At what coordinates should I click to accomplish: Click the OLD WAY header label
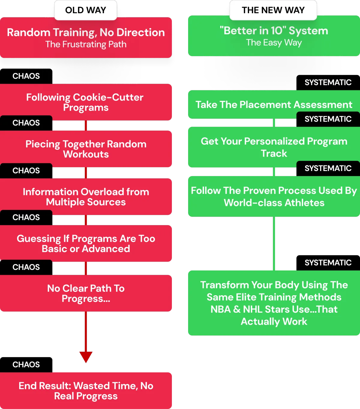[85, 10]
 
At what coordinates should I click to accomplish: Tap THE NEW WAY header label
[273, 10]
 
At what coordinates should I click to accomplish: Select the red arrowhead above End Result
[86, 356]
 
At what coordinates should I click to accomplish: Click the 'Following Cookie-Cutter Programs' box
[86, 102]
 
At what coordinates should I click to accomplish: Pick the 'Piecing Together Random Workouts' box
[86, 149]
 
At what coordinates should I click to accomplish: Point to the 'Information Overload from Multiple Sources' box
[86, 197]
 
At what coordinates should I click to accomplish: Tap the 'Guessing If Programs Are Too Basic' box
[86, 244]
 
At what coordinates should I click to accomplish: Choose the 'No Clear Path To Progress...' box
[86, 293]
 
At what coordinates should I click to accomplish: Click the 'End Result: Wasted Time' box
[86, 391]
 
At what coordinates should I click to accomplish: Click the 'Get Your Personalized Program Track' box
[274, 147]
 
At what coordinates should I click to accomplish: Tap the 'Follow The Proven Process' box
[274, 197]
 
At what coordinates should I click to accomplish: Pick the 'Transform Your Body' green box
[274, 303]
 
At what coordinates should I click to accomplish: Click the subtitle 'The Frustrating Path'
[86, 44]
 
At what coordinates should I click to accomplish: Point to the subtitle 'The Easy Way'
[274, 43]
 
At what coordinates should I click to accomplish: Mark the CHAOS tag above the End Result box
[26, 365]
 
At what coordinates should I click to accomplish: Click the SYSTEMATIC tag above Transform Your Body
[328, 263]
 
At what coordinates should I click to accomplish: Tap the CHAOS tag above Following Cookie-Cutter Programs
[26, 76]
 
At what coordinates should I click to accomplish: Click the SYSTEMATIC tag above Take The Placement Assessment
[328, 83]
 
